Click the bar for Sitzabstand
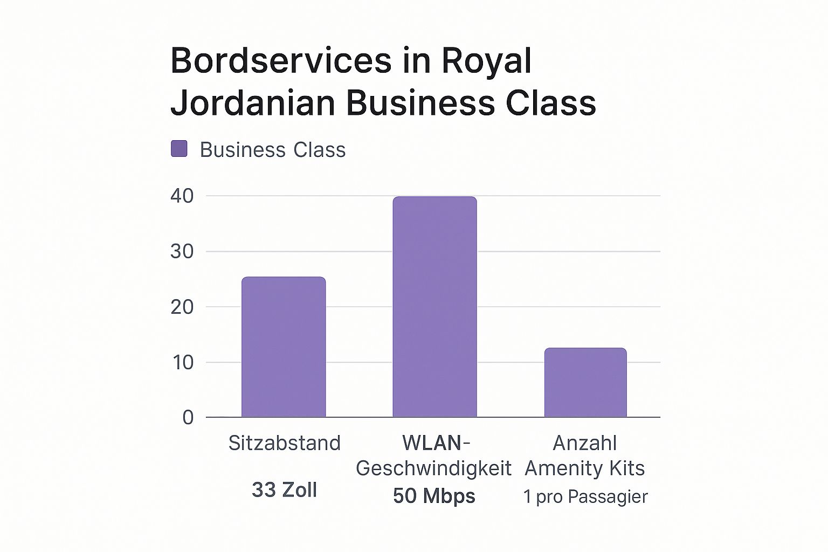[x=284, y=347]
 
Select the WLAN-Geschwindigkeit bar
[x=434, y=307]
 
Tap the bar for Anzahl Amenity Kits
[x=585, y=383]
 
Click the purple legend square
[x=179, y=149]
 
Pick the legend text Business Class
[x=272, y=150]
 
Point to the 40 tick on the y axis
[x=182, y=196]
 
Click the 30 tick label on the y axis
[x=182, y=252]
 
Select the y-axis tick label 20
[x=182, y=307]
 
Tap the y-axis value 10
[x=182, y=362]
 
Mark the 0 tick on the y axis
[x=188, y=418]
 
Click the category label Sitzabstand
[x=284, y=443]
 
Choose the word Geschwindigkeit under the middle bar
[x=433, y=468]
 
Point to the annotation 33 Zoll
[x=284, y=490]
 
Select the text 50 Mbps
[x=434, y=496]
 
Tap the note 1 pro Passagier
[x=585, y=496]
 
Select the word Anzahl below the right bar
[x=585, y=443]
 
